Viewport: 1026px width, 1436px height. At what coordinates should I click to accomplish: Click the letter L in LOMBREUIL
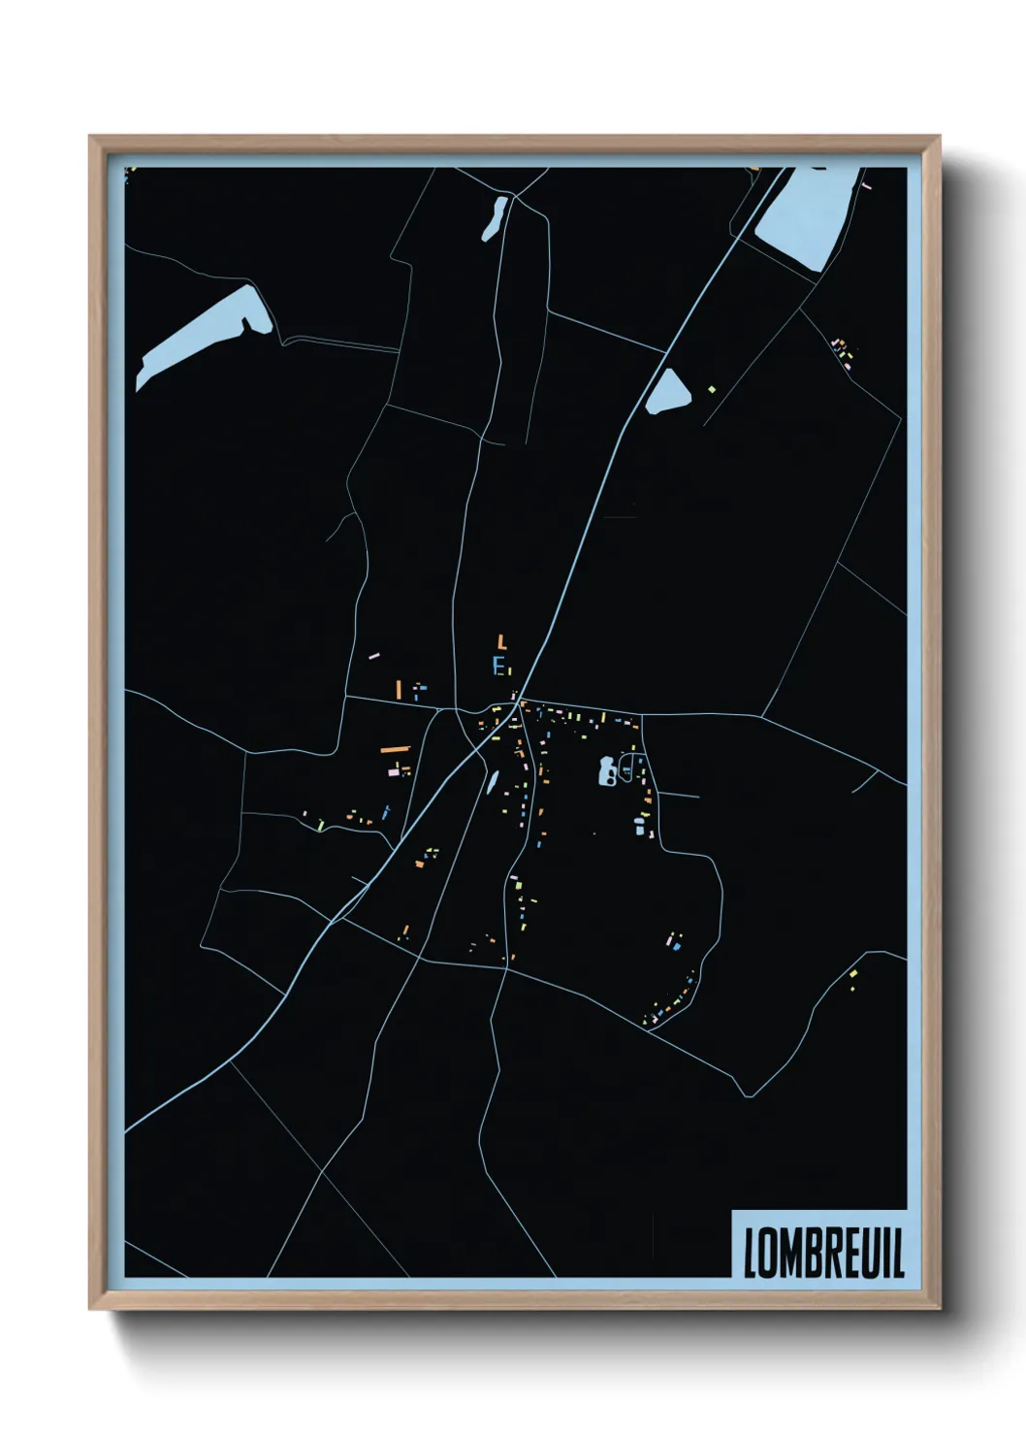pyautogui.click(x=751, y=1253)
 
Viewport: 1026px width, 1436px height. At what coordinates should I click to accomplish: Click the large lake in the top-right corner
pyautogui.click(x=805, y=215)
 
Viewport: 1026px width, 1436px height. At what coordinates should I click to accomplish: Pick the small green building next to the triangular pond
pyautogui.click(x=712, y=389)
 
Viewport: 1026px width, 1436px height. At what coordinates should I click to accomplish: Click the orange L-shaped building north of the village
pyautogui.click(x=501, y=641)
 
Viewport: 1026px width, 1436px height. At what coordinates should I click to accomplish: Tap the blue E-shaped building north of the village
pyautogui.click(x=498, y=666)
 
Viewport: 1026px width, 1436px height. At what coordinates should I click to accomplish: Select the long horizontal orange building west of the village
pyautogui.click(x=395, y=750)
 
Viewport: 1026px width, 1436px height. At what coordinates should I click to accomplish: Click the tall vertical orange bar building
pyautogui.click(x=399, y=690)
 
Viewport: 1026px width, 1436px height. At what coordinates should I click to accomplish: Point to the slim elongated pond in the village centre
pyautogui.click(x=493, y=781)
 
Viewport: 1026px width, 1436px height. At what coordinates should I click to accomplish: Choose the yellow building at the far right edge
pyautogui.click(x=853, y=973)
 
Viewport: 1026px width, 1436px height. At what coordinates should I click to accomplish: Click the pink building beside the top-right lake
pyautogui.click(x=866, y=185)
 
